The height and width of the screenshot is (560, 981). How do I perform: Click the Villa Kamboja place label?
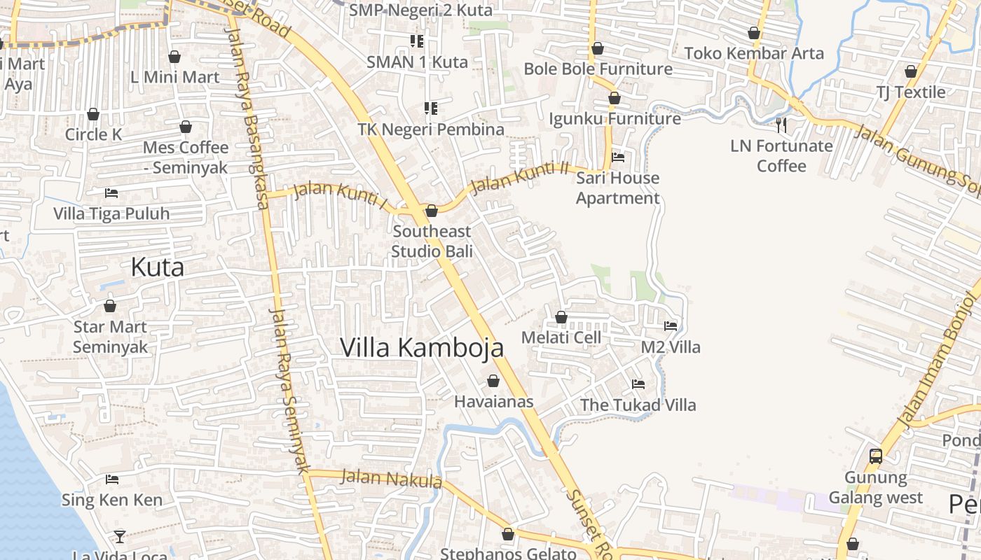422,347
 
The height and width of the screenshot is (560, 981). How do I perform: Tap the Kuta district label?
158,267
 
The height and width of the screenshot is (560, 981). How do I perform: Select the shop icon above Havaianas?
493,381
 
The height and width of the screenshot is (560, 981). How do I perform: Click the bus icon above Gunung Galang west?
876,456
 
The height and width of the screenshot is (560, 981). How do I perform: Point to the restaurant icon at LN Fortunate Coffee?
781,125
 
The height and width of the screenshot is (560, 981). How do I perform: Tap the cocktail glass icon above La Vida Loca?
120,537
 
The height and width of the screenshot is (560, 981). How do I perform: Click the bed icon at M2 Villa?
671,325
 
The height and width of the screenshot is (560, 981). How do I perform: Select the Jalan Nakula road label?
391,479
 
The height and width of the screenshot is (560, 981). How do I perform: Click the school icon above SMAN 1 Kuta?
418,41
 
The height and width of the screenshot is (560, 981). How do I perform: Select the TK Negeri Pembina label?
431,129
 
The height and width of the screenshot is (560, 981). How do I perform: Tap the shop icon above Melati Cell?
561,317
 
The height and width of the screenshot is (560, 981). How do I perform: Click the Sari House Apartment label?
617,188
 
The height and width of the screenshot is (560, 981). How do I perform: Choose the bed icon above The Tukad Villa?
638,384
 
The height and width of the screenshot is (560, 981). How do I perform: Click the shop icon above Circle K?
93,114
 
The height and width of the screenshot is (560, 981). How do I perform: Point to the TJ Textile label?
910,92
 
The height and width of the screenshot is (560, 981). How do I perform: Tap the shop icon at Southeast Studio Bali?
432,211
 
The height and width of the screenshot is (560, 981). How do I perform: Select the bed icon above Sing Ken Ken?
112,479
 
